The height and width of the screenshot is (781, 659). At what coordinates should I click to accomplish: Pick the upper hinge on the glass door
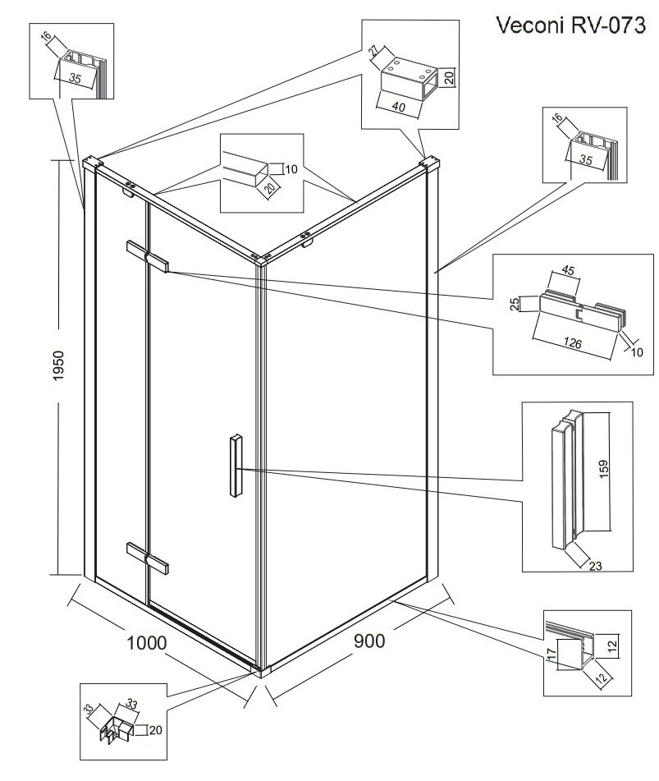[x=148, y=255]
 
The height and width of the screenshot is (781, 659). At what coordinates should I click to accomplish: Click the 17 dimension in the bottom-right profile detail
[x=551, y=655]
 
